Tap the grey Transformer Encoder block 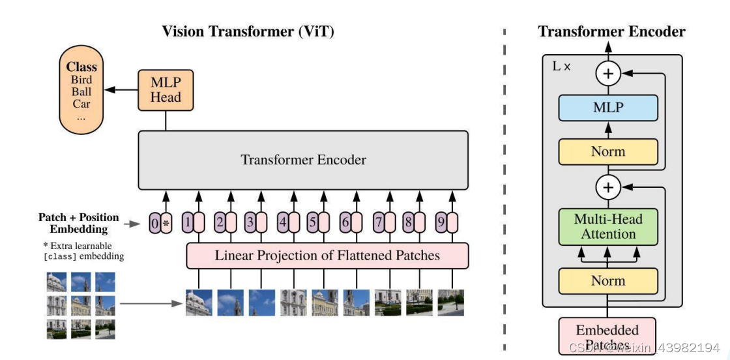tap(303, 160)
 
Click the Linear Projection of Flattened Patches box tap(327, 255)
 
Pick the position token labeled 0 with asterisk tap(160, 223)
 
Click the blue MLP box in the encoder tap(607, 108)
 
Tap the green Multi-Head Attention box tap(607, 226)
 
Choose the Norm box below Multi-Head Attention tap(607, 281)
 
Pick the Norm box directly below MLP tap(607, 151)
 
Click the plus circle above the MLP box tap(607, 74)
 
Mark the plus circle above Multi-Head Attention tap(607, 188)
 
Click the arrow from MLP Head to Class tap(122, 89)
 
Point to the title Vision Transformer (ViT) tap(248, 31)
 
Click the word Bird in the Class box tap(81, 80)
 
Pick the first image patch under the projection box tap(199, 303)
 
